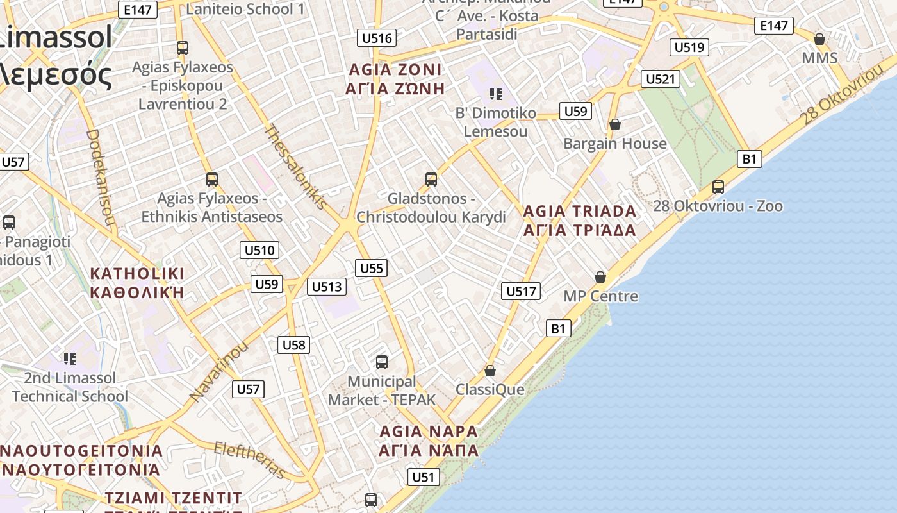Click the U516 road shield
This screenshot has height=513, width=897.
[x=377, y=38]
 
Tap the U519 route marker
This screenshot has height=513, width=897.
[x=689, y=47]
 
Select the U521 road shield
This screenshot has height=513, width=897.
[x=661, y=79]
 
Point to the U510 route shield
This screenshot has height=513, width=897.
[x=259, y=250]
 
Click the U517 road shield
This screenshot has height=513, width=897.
[x=521, y=291]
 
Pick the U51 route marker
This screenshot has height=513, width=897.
[x=423, y=476]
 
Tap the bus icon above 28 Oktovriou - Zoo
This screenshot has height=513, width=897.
[x=718, y=187]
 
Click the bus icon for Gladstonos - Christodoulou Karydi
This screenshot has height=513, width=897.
[x=431, y=179]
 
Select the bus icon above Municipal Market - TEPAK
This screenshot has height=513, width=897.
[x=382, y=362]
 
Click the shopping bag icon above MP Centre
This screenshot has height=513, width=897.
[x=600, y=277]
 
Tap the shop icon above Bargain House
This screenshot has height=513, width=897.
[x=615, y=124]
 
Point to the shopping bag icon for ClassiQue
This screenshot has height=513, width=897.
[x=490, y=371]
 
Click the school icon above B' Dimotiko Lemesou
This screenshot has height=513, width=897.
[x=495, y=94]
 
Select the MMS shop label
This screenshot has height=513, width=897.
[x=819, y=58]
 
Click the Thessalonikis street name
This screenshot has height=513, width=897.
[x=297, y=166]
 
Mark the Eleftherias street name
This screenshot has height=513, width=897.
[x=249, y=459]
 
